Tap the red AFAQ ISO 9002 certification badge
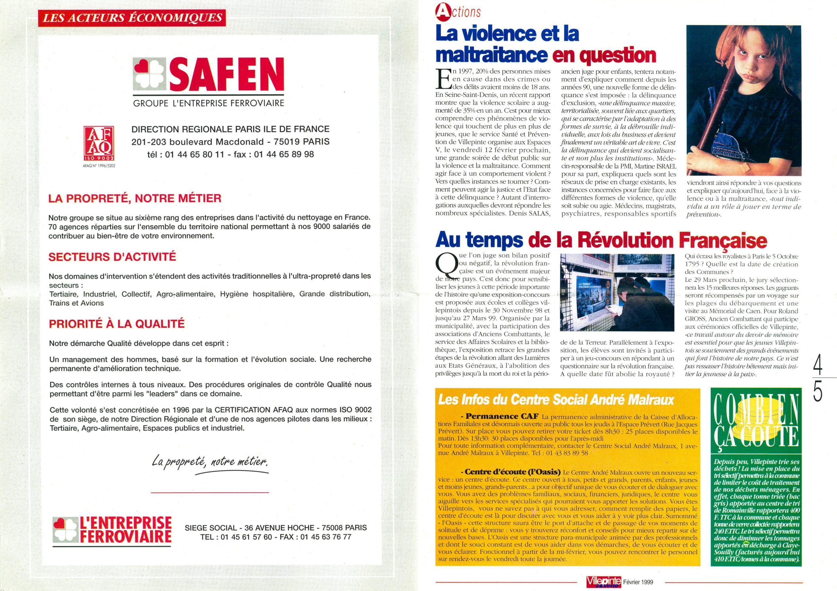pos(99,143)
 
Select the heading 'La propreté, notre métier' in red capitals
pos(135,199)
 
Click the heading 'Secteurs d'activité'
pos(112,257)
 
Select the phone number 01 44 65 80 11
pos(194,154)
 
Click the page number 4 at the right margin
pos(818,366)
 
